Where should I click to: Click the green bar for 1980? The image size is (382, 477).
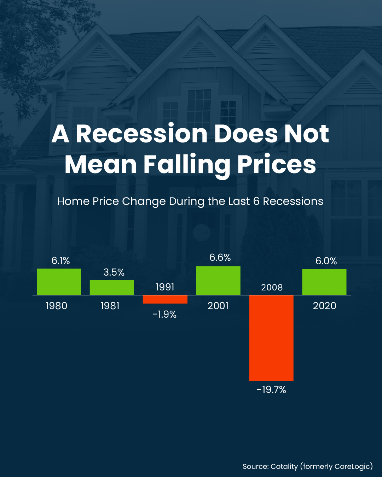[59, 282]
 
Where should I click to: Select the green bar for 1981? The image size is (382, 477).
[112, 287]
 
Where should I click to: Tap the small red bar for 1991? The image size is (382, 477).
[165, 299]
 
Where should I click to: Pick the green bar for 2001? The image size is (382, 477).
[218, 281]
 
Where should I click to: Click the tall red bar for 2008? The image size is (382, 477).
[271, 338]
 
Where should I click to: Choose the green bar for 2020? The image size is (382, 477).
[324, 282]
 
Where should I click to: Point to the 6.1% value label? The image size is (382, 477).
[61, 261]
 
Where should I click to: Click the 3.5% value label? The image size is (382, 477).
[114, 272]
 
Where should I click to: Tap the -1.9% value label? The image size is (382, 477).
[164, 314]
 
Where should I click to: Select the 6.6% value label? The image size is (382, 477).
[220, 258]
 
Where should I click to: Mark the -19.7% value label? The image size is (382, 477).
[271, 390]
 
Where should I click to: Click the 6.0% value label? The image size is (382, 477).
[326, 261]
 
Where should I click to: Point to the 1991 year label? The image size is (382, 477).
[165, 287]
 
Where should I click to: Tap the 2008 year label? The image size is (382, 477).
[272, 288]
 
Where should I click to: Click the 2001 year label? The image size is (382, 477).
[218, 306]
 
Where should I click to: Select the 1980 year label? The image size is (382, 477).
[57, 306]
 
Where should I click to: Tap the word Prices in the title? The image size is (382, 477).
[277, 165]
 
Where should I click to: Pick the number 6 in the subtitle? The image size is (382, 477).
[256, 201]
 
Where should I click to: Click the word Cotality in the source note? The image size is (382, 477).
[284, 466]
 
